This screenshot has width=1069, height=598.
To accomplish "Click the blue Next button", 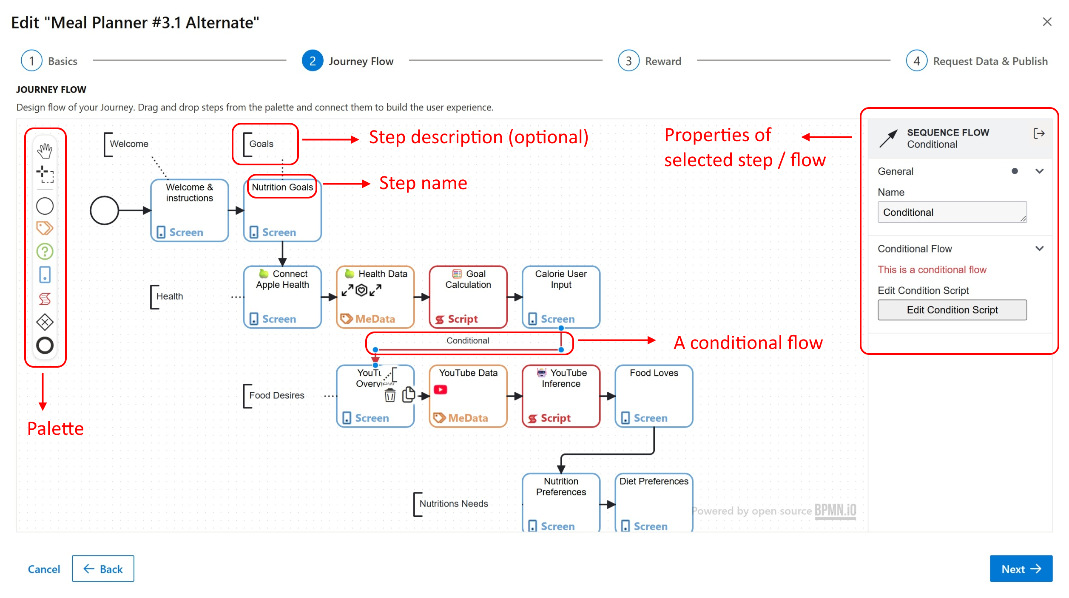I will (1020, 569).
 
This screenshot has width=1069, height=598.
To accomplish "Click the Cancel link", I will (44, 569).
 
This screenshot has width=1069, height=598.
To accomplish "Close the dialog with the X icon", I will (1047, 22).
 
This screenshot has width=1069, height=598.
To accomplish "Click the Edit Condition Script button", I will (952, 310).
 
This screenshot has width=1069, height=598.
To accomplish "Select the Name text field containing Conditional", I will (952, 212).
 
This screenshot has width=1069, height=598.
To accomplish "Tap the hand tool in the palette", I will (45, 151).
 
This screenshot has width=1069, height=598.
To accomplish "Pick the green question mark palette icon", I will (45, 252).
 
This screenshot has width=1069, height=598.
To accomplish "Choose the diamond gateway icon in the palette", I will (45, 322).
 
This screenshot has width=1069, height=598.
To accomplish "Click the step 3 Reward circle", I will (628, 61).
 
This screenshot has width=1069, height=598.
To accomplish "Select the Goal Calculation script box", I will (468, 297).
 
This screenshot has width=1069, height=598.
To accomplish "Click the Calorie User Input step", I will (561, 297).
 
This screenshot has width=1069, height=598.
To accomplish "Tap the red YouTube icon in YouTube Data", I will (441, 390).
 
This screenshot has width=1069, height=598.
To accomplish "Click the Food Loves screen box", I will (654, 396).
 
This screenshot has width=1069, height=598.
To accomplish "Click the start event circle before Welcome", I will (104, 210).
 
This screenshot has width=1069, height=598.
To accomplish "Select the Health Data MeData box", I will (375, 297).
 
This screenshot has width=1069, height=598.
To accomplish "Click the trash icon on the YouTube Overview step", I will (390, 396).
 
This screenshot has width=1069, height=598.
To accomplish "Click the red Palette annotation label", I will (55, 428).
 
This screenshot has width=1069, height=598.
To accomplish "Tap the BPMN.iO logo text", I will (835, 510).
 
